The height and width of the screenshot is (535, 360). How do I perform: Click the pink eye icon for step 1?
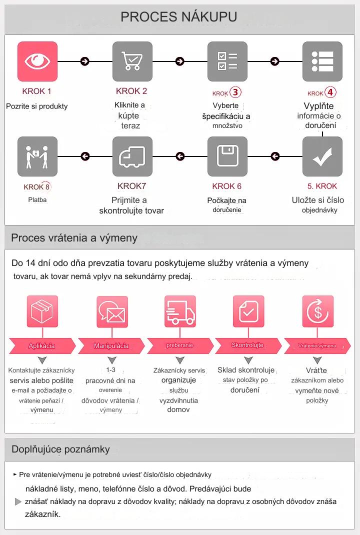click(37, 61)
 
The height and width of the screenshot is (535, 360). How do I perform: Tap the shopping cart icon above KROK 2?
click(132, 61)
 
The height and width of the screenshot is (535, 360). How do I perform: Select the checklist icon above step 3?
click(227, 61)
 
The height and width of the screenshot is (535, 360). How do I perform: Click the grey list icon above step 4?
click(322, 61)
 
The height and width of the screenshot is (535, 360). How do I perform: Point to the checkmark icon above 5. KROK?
click(322, 156)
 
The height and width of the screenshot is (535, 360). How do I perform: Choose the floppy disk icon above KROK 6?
click(227, 156)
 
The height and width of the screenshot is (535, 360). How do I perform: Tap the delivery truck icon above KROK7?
click(132, 156)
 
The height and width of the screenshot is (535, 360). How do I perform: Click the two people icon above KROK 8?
click(37, 156)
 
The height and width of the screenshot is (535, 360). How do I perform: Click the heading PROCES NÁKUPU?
click(179, 17)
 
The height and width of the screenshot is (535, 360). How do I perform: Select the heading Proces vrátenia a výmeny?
click(74, 237)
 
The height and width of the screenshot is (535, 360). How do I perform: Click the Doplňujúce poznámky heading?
click(60, 449)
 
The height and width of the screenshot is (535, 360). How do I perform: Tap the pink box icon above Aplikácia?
click(42, 311)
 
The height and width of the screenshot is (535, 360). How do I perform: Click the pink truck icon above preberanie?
click(180, 311)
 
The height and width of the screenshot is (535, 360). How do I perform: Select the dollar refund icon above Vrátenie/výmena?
click(317, 311)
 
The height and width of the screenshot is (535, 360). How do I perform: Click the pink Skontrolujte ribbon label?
click(247, 345)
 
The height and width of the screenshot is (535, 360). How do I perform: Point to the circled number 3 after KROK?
click(235, 92)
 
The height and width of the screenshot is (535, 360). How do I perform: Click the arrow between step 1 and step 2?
click(85, 61)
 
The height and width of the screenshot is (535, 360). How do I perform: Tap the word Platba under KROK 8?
click(37, 199)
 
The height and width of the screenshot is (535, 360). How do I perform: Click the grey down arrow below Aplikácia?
click(42, 360)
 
